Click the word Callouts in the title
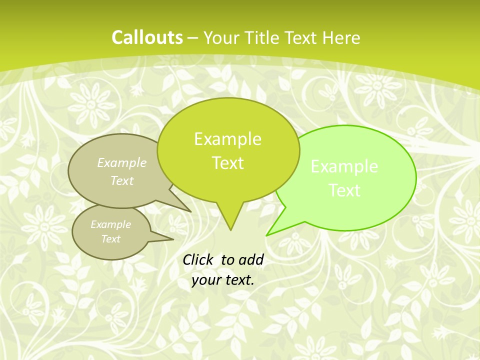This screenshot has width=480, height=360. coord(147,37)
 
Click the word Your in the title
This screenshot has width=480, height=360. coord(222,37)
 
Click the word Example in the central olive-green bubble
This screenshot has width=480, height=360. coord(227,139)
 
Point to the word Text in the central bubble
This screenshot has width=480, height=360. coord(227,163)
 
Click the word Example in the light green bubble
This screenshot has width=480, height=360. coord(344,166)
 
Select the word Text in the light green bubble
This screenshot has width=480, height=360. coord(344,190)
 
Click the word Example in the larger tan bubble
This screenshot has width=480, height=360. coord(122,162)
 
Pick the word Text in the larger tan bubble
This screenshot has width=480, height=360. coord(122,180)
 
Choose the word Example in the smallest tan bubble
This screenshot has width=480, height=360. coord(110,224)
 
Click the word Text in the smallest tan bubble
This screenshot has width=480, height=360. coord(110,239)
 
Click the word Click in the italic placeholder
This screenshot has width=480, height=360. coord(198,259)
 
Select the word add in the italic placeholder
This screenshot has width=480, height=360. coord(250,259)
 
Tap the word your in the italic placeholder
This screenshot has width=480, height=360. coord(206,280)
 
